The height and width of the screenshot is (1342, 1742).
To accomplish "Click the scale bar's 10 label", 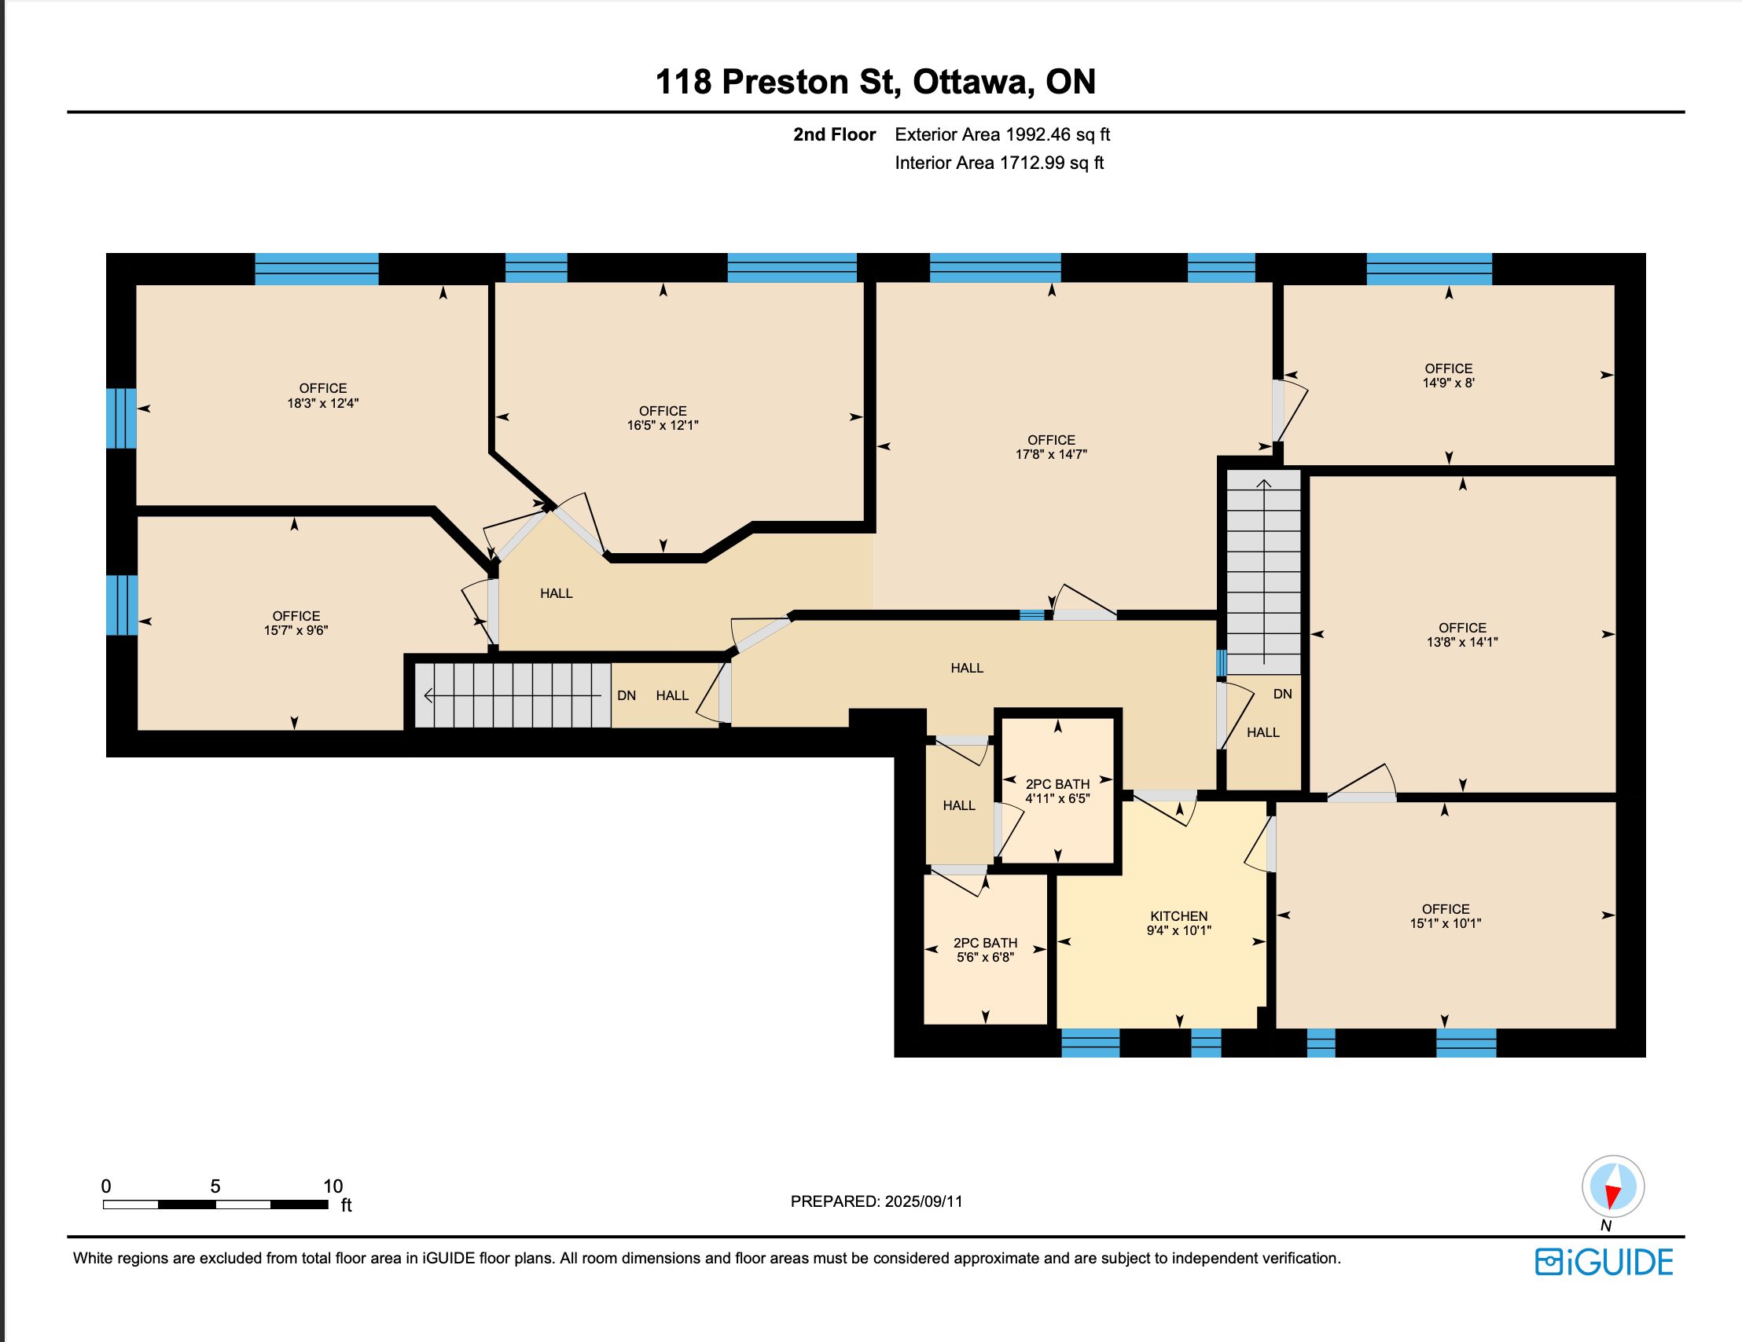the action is [x=333, y=1186].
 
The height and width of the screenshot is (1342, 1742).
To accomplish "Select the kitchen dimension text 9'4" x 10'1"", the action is [x=1179, y=930].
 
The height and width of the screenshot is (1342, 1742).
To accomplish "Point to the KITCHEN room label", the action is [x=1179, y=916].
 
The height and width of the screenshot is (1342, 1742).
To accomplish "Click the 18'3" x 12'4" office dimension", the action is [x=323, y=404].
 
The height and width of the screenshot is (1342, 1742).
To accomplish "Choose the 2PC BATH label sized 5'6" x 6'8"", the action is [x=986, y=943].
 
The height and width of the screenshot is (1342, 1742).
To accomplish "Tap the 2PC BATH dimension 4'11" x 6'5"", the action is [x=1057, y=798].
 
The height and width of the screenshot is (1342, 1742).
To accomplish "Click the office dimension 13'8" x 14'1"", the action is [x=1463, y=642].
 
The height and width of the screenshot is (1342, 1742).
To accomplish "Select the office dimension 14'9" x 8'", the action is [x=1449, y=383].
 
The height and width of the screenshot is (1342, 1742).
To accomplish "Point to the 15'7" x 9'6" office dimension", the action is [x=296, y=630].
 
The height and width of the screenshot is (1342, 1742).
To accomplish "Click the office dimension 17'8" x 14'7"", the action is [x=1051, y=454].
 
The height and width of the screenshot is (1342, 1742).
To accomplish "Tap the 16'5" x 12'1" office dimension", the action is [x=663, y=426].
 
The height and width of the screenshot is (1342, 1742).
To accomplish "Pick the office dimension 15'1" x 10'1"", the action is [x=1446, y=923].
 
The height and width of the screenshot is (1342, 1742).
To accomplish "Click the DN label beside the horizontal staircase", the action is [x=627, y=695].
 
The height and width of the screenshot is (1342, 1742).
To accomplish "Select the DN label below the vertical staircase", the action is [x=1283, y=694].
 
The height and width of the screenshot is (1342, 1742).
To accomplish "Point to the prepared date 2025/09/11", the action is [x=924, y=1201].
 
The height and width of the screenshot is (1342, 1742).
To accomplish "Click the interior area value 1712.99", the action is [x=1032, y=163].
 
